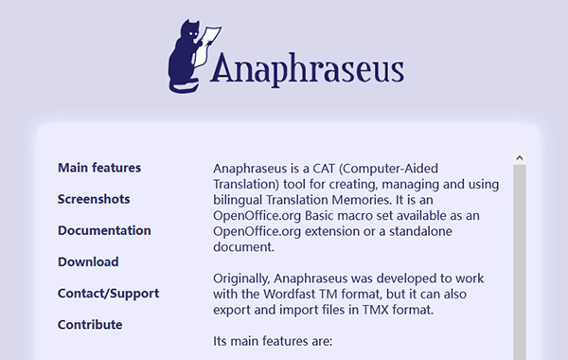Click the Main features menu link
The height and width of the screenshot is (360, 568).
click(x=99, y=168)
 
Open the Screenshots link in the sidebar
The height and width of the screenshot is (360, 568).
click(x=94, y=199)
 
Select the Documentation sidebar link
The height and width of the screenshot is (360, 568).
click(x=104, y=230)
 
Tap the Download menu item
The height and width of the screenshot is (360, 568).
click(x=88, y=261)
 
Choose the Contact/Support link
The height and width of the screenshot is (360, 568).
click(x=108, y=293)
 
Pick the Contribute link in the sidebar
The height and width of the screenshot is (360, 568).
click(x=90, y=324)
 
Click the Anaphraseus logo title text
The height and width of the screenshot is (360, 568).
click(x=308, y=68)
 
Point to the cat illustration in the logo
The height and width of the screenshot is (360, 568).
click(x=186, y=57)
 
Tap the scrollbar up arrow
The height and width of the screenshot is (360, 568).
click(x=519, y=157)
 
